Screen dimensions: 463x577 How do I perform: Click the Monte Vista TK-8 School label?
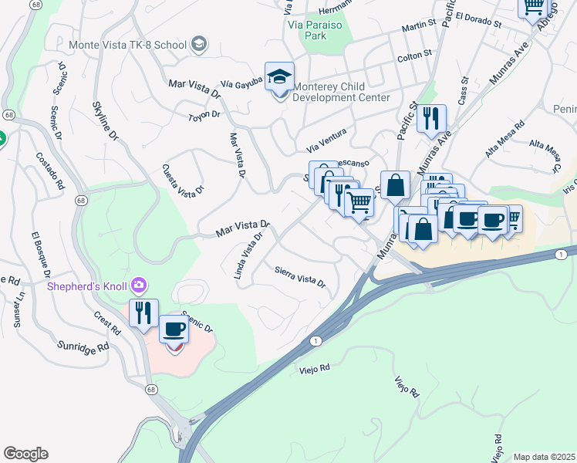point(127,44)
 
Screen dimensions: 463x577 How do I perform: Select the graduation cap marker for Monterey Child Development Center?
point(279,77)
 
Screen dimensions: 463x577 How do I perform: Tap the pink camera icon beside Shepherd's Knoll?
point(139,286)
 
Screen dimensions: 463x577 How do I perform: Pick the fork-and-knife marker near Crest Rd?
point(143,313)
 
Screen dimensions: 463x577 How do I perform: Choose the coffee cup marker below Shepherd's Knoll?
point(174,330)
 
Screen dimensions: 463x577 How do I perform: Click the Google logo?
point(25,454)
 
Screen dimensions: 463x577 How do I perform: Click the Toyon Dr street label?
point(204,115)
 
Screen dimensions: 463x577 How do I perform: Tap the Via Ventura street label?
point(326,140)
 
